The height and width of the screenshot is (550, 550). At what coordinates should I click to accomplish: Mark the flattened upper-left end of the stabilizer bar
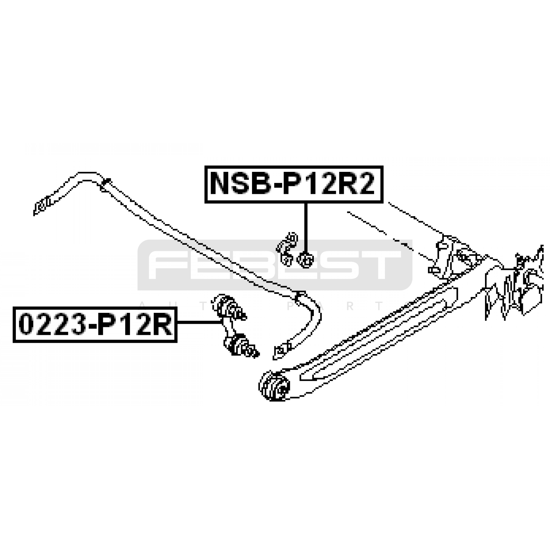click(x=43, y=206)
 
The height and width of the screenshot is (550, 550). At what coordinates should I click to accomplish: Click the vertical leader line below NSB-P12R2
click(x=305, y=228)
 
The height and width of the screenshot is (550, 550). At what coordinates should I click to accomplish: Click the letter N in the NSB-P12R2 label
click(x=220, y=184)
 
